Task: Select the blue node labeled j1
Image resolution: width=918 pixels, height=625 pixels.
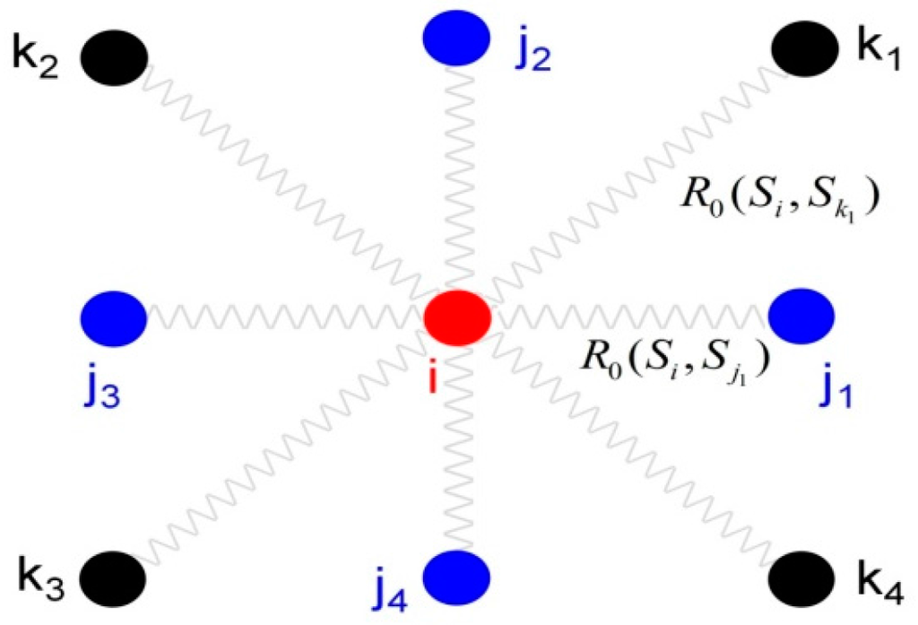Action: (x=802, y=314)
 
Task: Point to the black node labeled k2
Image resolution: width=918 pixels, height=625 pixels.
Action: (x=114, y=56)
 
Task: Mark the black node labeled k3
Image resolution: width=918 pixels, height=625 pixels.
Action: (x=113, y=575)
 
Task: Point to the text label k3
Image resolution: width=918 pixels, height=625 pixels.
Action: (x=41, y=572)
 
